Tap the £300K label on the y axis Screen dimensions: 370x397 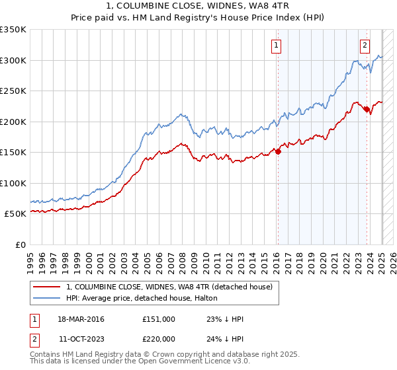coord(13,60)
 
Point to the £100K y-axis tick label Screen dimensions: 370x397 coord(13,183)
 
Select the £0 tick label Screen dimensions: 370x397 coord(20,244)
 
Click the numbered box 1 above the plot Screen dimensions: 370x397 coord(275,46)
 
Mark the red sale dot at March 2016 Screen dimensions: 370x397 coord(278,151)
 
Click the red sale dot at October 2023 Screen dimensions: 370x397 coord(367,110)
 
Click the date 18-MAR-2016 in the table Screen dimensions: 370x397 coord(81,319)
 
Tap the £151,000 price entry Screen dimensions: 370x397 coord(159,319)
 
